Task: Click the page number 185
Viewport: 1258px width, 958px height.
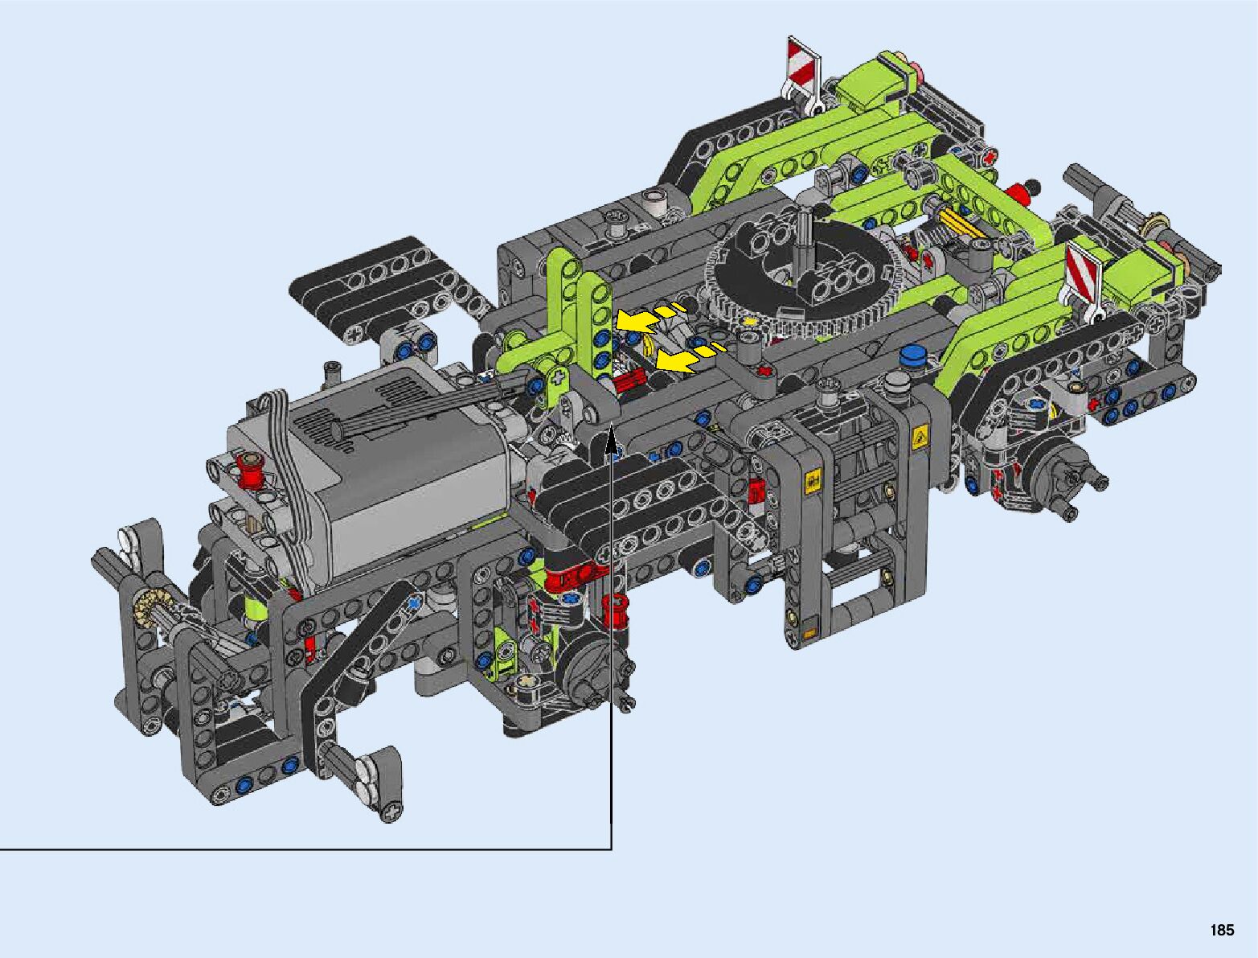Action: (x=1222, y=930)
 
